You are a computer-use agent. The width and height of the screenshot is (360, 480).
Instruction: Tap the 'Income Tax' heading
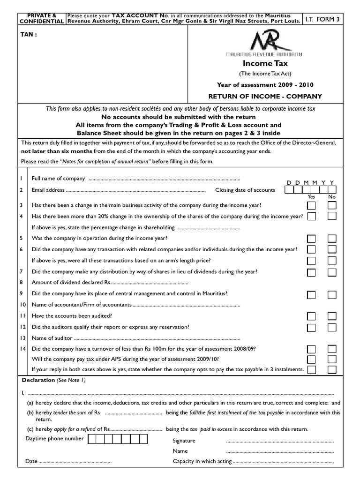coord(265,63)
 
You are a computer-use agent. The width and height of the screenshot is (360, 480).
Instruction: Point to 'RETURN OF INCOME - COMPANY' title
coord(265,97)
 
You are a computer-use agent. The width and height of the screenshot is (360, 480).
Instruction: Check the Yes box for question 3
coord(312,205)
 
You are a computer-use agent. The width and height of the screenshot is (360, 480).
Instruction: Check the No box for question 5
coord(332,238)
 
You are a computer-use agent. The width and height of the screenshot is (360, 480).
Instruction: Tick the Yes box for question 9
coord(312,294)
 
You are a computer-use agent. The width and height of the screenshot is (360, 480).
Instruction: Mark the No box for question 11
coord(332,315)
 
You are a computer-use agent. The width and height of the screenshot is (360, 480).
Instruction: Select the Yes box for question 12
coord(312,327)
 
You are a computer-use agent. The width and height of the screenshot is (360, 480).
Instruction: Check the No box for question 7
coord(332,272)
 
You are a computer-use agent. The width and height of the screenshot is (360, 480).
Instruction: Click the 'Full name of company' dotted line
coord(164,179)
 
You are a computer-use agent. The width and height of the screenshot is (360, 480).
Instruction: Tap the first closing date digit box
coord(289,190)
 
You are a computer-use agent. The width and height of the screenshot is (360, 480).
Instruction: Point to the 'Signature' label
coord(184,441)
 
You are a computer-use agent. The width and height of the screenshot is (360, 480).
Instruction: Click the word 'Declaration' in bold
coord(38,380)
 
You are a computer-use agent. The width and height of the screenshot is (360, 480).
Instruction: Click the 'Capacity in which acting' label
coord(202,461)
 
